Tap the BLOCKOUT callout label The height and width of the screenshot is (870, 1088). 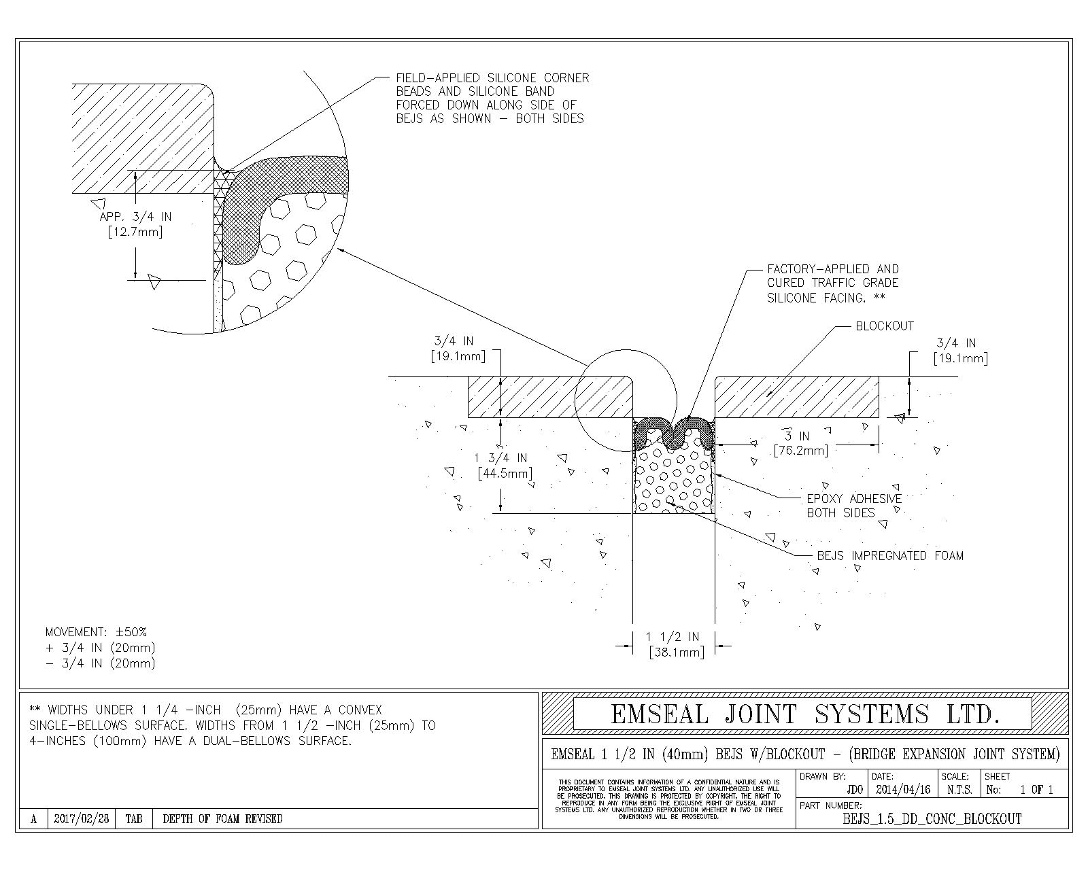884,326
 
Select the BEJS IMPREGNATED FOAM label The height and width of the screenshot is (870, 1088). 890,556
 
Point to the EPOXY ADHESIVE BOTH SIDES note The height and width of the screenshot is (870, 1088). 854,506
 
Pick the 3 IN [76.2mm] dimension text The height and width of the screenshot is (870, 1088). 800,443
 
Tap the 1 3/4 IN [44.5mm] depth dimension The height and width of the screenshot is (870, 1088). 504,466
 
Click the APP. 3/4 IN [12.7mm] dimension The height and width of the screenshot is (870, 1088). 135,224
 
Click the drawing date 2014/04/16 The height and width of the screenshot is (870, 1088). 902,790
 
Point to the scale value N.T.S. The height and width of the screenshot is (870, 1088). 959,790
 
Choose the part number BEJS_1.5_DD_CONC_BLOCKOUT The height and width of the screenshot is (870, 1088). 932,819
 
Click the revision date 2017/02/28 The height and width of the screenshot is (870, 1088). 82,819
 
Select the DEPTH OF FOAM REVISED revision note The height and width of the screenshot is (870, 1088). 222,819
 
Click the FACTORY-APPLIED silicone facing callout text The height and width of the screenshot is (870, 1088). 833,283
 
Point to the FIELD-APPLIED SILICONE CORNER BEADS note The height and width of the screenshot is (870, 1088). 492,99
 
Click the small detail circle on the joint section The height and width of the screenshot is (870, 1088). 626,400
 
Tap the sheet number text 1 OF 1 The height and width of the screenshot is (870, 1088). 1036,790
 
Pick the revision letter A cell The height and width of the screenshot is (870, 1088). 33,819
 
